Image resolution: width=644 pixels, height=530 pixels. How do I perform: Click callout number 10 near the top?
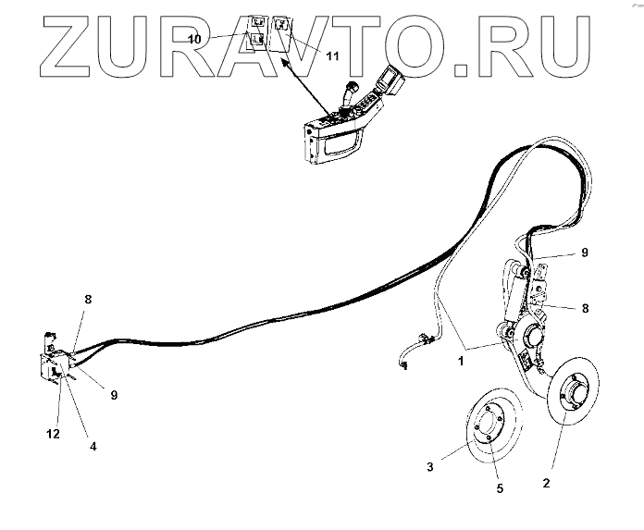[x=194, y=39]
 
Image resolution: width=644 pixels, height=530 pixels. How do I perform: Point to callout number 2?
[x=546, y=484]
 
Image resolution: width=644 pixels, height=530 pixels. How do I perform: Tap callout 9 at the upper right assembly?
[x=584, y=252]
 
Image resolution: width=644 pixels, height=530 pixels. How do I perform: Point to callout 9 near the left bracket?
[x=115, y=396]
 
